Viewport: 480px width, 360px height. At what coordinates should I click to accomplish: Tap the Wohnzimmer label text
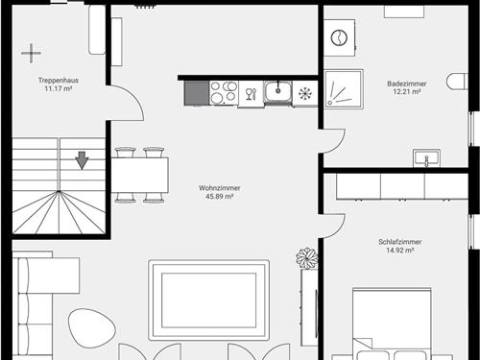(220, 188)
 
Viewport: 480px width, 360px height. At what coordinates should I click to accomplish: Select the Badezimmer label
(407, 84)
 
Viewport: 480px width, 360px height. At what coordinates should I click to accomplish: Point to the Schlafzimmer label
(400, 242)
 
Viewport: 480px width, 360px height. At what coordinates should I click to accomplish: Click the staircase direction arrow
(83, 160)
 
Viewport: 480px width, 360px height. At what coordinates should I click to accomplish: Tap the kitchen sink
(277, 92)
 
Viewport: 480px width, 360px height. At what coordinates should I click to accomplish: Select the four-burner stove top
(224, 93)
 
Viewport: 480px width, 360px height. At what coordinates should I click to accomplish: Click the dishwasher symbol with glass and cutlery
(252, 93)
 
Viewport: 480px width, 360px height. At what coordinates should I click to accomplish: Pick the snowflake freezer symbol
(305, 93)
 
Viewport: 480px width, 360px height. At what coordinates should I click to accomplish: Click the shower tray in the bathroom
(344, 89)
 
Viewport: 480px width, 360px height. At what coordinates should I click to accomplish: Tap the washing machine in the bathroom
(339, 37)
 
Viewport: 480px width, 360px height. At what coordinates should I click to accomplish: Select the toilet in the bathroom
(457, 82)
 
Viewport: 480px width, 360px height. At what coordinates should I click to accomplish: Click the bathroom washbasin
(426, 158)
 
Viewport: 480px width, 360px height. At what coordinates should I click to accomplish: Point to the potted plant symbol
(307, 258)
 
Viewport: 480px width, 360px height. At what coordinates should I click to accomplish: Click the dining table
(140, 175)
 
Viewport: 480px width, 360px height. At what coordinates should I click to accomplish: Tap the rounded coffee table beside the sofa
(92, 328)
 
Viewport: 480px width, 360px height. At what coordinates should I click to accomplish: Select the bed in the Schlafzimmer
(392, 324)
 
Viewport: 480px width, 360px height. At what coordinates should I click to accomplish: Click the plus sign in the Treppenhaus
(31, 53)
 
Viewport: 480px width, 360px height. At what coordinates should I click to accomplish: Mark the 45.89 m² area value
(220, 196)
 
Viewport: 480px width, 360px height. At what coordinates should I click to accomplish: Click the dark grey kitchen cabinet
(197, 93)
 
